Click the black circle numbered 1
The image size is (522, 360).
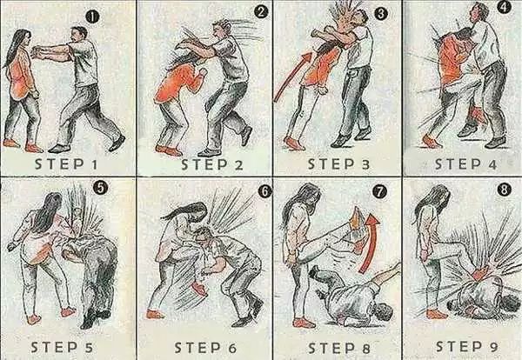92,17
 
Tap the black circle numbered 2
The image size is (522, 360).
261,12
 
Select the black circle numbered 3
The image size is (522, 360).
381,14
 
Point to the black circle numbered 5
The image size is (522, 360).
100,189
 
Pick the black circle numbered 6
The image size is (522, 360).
264,192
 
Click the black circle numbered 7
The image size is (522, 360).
380,192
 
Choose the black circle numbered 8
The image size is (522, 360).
504,190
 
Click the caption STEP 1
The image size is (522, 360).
66,164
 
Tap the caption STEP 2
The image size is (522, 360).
212,164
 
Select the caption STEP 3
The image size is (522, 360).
338,164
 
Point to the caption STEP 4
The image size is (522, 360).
465,164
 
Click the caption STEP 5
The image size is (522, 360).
62,347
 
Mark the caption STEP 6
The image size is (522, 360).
205,348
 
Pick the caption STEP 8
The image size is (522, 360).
339,349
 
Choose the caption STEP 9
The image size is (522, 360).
466,346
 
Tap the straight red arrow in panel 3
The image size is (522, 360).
293,77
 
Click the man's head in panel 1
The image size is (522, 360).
79,34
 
